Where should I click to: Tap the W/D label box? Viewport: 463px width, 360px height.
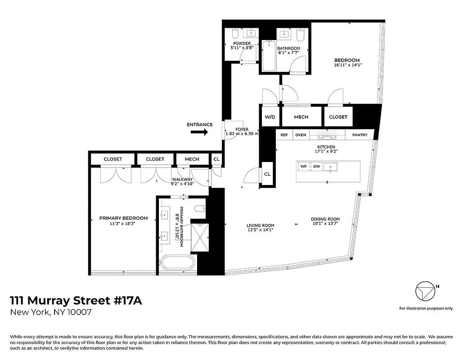(x=270, y=117)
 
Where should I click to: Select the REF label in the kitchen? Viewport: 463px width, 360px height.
(x=284, y=135)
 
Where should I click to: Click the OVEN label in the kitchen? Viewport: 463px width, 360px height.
(x=301, y=135)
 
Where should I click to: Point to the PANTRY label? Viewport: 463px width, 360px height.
(x=360, y=135)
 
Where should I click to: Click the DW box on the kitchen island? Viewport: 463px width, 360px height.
(x=317, y=167)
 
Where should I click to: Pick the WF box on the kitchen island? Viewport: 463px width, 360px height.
(x=303, y=167)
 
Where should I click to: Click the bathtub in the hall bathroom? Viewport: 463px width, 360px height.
(x=269, y=56)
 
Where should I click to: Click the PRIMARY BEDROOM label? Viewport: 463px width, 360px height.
(x=123, y=218)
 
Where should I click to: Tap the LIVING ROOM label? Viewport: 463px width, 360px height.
(x=260, y=225)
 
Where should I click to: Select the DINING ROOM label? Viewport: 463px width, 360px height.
(x=325, y=220)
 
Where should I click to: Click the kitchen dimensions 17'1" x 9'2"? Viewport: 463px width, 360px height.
(x=326, y=152)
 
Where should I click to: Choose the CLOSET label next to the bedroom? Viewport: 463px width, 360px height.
(x=338, y=117)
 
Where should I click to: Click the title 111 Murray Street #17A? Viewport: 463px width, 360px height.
(x=76, y=301)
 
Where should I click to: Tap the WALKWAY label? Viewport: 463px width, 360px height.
(x=182, y=180)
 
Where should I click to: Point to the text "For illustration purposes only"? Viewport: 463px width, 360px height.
(x=426, y=309)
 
